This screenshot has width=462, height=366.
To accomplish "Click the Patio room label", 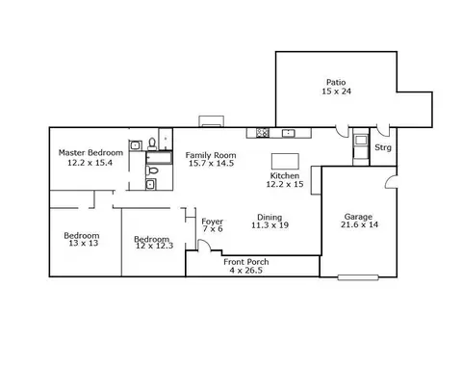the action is pyautogui.click(x=336, y=83).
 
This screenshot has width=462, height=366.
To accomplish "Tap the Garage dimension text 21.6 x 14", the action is pyautogui.click(x=359, y=224).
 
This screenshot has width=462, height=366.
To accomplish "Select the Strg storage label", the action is pyautogui.click(x=383, y=147).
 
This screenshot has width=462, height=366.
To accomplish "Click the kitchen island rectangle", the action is pyautogui.click(x=285, y=161).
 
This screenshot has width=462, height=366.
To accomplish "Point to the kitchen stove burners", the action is pyautogui.click(x=263, y=133).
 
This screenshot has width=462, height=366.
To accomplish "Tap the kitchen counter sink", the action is pyautogui.click(x=289, y=133).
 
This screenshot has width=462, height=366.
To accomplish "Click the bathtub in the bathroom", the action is pyautogui.click(x=159, y=158).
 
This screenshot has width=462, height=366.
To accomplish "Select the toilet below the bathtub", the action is pyautogui.click(x=152, y=170).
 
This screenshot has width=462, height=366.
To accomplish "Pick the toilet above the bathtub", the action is pyautogui.click(x=152, y=144).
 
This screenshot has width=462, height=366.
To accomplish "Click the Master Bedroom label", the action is pyautogui.click(x=90, y=153).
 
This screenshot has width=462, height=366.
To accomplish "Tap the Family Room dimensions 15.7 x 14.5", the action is pyautogui.click(x=211, y=164).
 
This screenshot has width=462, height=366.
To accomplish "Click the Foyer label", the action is pyautogui.click(x=212, y=222).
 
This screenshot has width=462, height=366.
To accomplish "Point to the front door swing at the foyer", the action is pyautogui.click(x=204, y=246).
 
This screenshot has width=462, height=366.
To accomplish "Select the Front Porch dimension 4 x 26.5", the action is pyautogui.click(x=246, y=271).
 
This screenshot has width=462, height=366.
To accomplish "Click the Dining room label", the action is pyautogui.click(x=269, y=217).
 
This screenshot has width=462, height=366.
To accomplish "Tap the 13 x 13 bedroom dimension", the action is pyautogui.click(x=84, y=243).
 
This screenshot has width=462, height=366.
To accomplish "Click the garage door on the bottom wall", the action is pyautogui.click(x=358, y=277).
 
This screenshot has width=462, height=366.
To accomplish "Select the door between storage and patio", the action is pyautogui.click(x=383, y=130).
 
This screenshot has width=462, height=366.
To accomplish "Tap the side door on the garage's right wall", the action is pyautogui.click(x=391, y=182).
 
